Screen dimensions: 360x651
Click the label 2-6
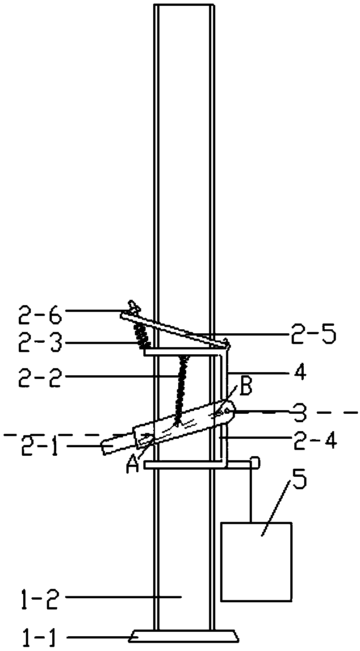coord(40,315)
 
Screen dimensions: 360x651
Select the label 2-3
coord(40,343)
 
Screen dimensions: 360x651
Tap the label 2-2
coord(40,377)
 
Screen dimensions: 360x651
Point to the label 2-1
coord(40,445)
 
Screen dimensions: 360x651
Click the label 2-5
coord(313,334)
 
